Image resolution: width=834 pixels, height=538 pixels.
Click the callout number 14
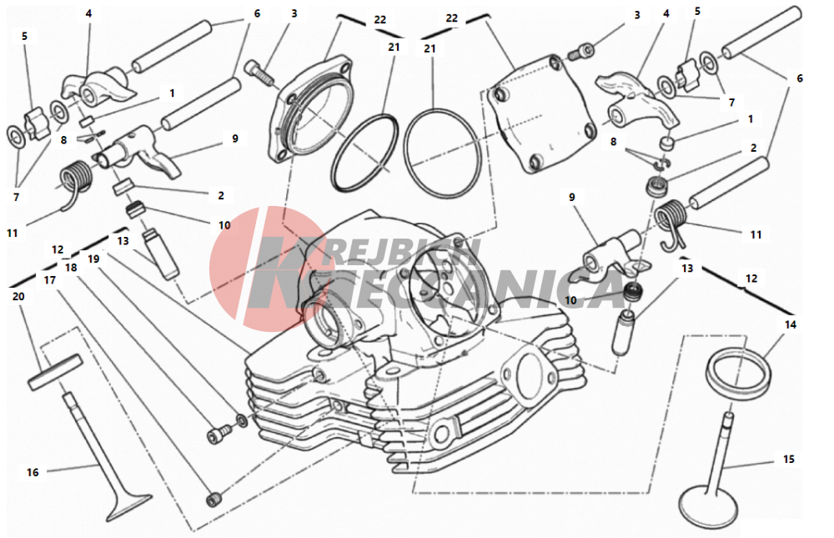point(791,324)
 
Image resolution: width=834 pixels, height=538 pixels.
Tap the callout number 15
point(789,459)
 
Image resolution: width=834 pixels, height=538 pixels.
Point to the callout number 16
point(33,472)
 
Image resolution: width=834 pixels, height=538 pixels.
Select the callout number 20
point(18,296)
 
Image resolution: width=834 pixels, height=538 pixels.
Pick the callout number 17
point(49,280)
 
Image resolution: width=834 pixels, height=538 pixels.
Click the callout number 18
point(71,267)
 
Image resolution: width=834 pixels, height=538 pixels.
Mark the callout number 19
point(93,259)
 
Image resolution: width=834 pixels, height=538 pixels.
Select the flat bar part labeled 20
point(55,373)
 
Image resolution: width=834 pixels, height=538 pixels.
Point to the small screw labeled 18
point(218,434)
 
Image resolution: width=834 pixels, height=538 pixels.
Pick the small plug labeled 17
point(214,499)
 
